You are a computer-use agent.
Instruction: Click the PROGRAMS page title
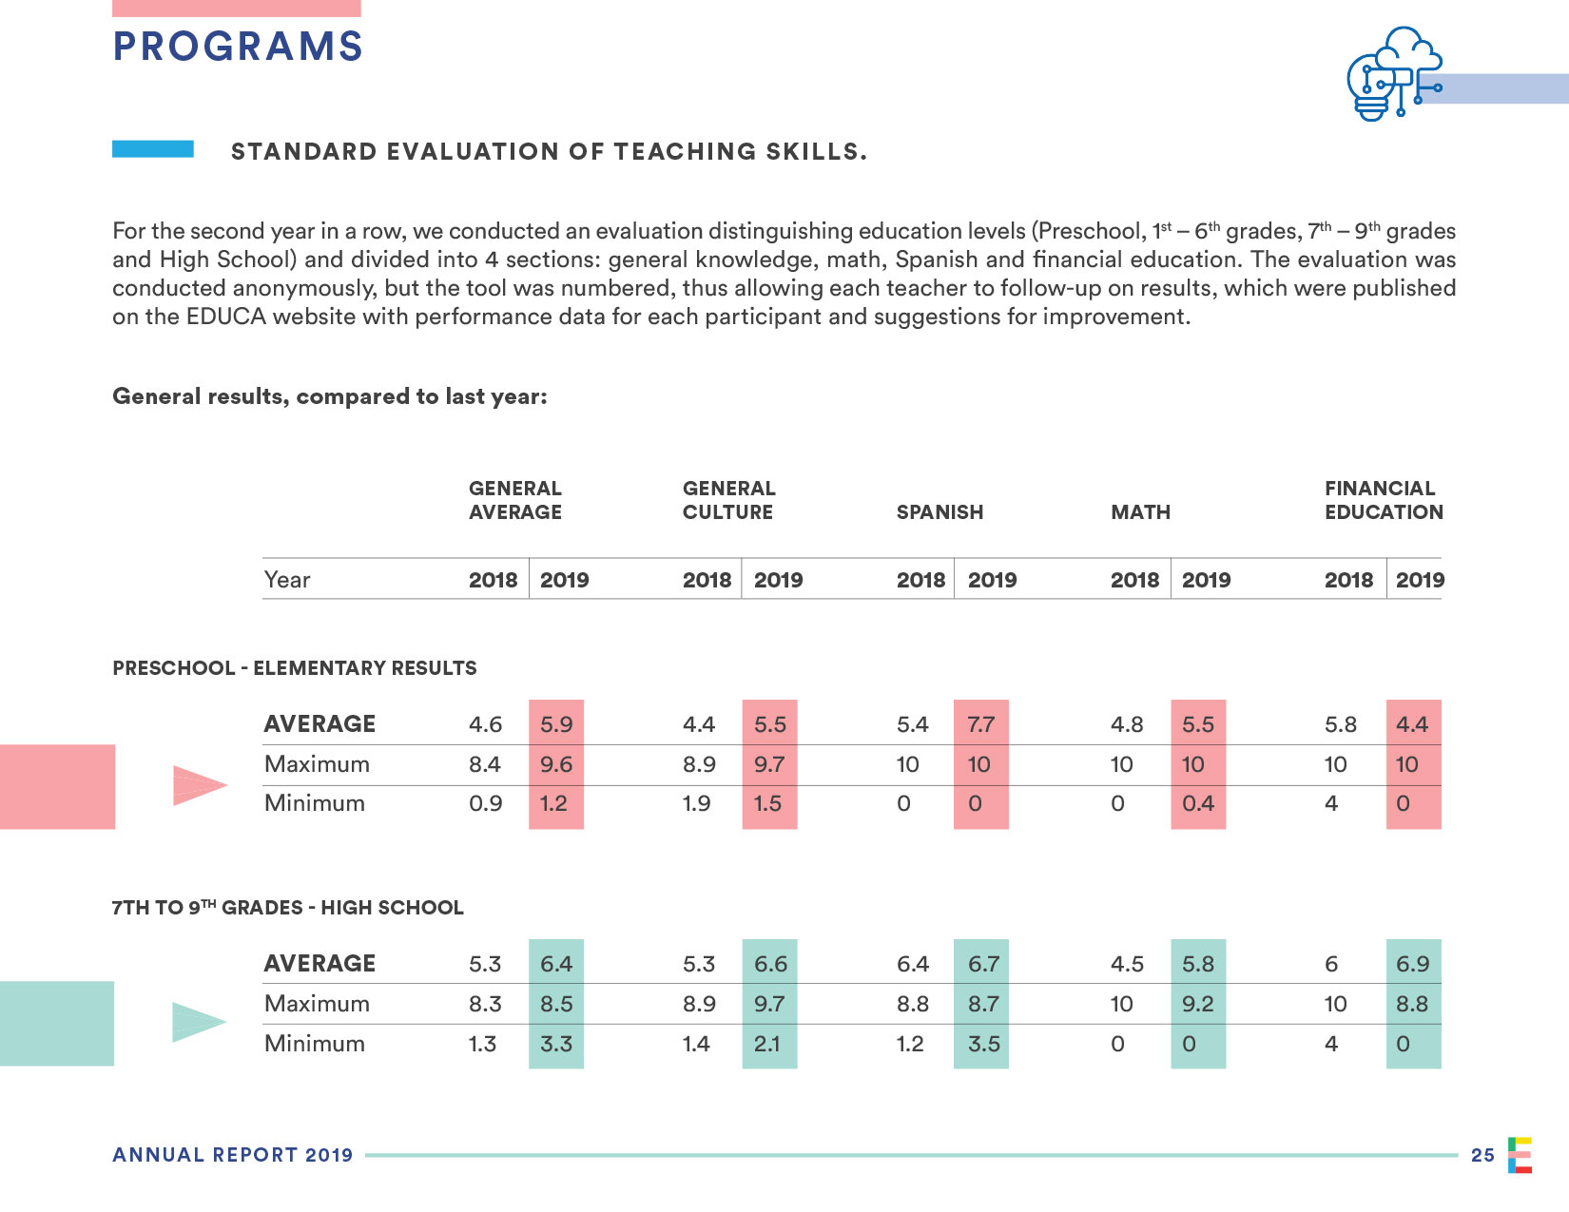[x=238, y=47]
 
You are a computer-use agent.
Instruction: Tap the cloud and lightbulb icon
[x=1393, y=74]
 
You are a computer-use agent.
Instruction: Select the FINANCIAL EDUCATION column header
[x=1384, y=500]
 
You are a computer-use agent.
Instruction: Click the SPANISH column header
[x=939, y=512]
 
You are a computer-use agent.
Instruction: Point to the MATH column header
[x=1140, y=512]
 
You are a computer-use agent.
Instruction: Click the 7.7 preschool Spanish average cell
[x=980, y=724]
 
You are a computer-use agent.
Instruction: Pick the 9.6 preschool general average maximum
[x=556, y=764]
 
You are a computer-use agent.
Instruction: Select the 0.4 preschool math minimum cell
[x=1198, y=803]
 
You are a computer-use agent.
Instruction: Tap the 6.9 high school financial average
[x=1413, y=964]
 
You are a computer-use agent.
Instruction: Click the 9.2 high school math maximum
[x=1198, y=1004]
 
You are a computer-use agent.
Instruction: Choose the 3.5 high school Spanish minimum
[x=983, y=1044]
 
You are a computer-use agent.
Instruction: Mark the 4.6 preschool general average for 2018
[x=485, y=724]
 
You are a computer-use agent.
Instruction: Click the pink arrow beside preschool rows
[x=199, y=785]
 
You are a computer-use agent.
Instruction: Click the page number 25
[x=1482, y=1155]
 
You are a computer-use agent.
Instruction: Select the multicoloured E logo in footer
[x=1520, y=1155]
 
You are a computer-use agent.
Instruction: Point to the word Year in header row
[x=287, y=580]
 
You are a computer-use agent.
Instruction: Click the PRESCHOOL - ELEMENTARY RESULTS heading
[x=295, y=668]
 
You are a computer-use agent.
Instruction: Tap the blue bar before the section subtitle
[x=153, y=149]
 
